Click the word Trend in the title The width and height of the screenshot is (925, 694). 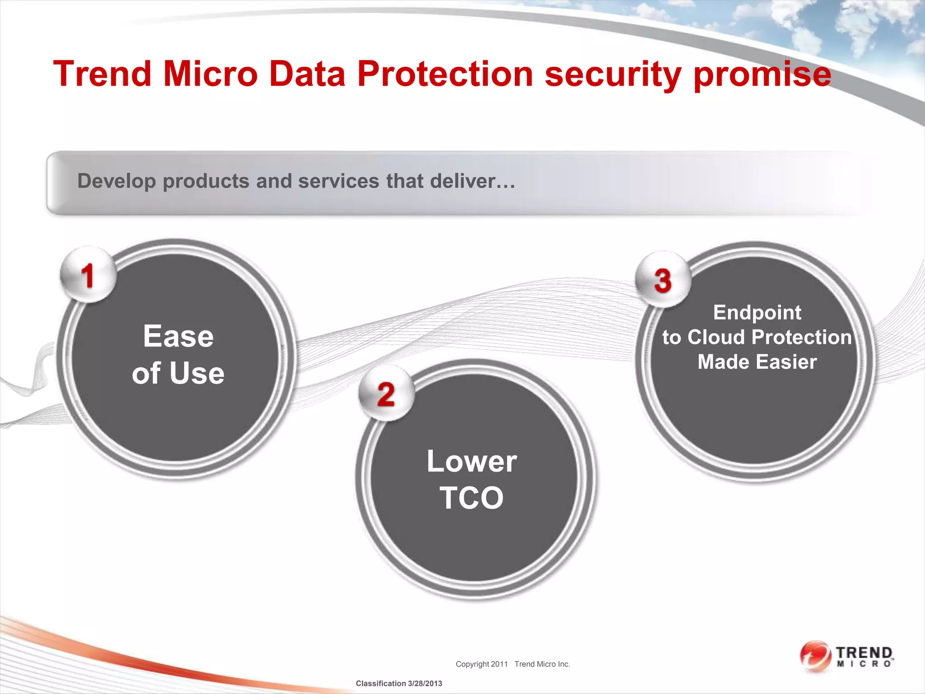(102, 74)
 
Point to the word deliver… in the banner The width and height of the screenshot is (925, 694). (472, 181)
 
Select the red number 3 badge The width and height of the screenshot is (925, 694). (663, 281)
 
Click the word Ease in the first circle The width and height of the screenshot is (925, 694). (178, 337)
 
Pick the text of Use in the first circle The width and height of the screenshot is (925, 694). (178, 374)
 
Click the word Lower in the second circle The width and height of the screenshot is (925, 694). (472, 461)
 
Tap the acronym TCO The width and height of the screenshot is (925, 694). (472, 498)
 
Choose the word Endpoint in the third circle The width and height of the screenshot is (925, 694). (757, 313)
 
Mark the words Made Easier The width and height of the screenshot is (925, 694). (757, 362)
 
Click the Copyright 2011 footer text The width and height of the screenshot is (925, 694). (481, 664)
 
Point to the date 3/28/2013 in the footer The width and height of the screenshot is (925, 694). (425, 684)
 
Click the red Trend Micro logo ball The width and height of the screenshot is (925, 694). (815, 656)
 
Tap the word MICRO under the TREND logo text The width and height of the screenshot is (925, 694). (864, 664)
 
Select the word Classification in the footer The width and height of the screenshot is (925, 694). (381, 684)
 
